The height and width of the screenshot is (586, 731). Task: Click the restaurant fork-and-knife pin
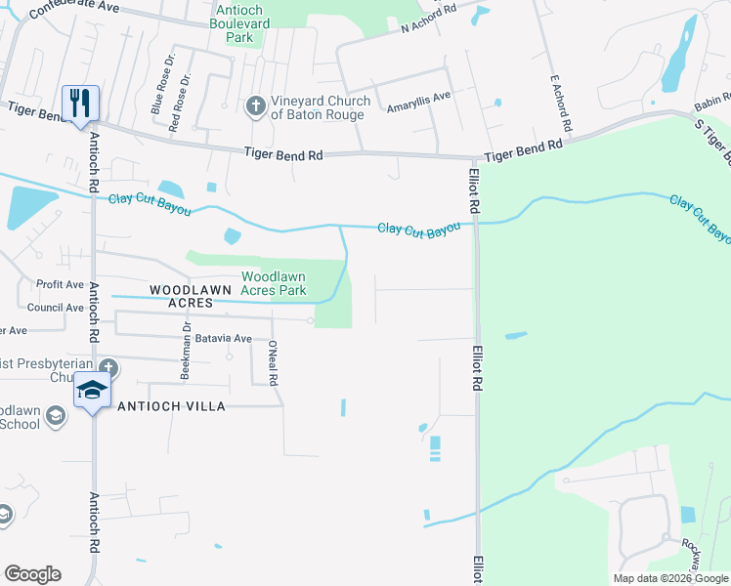pyautogui.click(x=80, y=103)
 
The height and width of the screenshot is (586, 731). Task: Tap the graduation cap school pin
pyautogui.click(x=93, y=391)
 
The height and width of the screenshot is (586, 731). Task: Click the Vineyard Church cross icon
pyautogui.click(x=255, y=105)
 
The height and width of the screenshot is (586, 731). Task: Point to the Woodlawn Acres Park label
pyautogui.click(x=274, y=283)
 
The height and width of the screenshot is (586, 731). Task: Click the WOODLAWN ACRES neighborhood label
pyautogui.click(x=181, y=296)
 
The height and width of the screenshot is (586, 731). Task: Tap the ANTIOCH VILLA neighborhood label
pyautogui.click(x=172, y=405)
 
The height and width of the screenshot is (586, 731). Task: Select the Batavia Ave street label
pyautogui.click(x=224, y=338)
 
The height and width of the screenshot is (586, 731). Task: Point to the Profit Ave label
pyautogui.click(x=61, y=284)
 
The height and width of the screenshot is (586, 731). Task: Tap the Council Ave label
pyautogui.click(x=56, y=308)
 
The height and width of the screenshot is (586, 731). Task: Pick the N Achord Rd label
pyautogui.click(x=429, y=21)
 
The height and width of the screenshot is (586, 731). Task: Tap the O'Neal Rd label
pyautogui.click(x=275, y=362)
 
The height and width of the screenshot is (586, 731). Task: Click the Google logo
pyautogui.click(x=32, y=574)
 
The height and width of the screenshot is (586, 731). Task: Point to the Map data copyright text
pyautogui.click(x=669, y=578)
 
